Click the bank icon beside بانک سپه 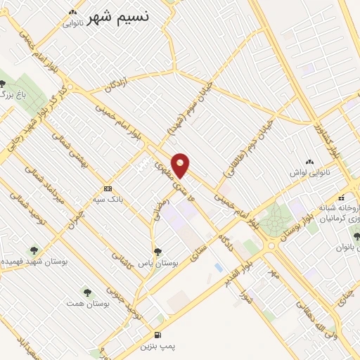coord(108,188)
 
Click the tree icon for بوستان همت coord(87,290)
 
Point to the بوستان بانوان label coord(333,247)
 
